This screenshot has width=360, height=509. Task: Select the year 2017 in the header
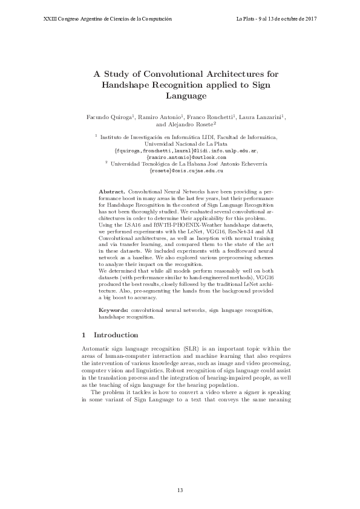coord(309,19)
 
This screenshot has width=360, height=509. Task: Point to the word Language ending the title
coord(186,96)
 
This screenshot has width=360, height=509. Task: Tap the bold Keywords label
coord(113,310)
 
